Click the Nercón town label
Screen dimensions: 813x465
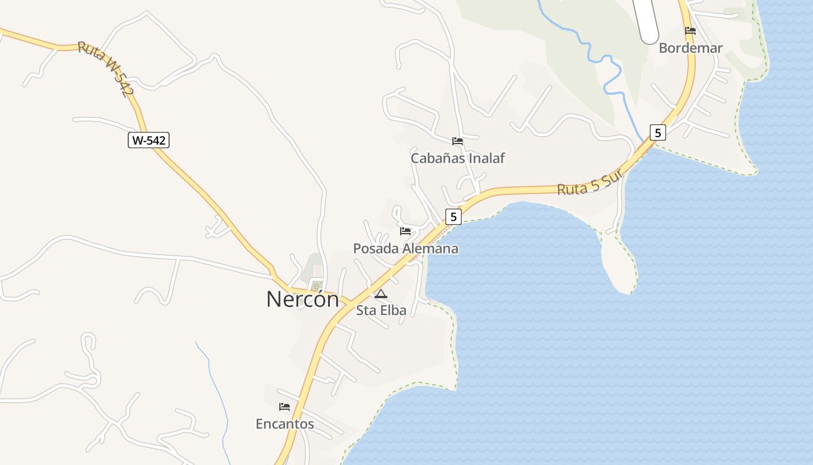pyautogui.click(x=302, y=299)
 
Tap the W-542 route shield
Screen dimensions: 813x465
pyautogui.click(x=149, y=140)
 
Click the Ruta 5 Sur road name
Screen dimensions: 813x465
pyautogui.click(x=590, y=182)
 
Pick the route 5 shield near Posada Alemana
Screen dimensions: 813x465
pyautogui.click(x=453, y=217)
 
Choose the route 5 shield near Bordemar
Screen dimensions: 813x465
pyautogui.click(x=657, y=133)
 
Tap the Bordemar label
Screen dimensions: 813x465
pyautogui.click(x=690, y=48)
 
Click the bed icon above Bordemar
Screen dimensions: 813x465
pyautogui.click(x=690, y=31)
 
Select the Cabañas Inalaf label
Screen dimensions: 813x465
pyautogui.click(x=458, y=158)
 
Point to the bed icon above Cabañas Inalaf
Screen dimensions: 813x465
pyautogui.click(x=458, y=141)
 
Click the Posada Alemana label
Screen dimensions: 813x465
pyautogui.click(x=405, y=249)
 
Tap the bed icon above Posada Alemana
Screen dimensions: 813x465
pyautogui.click(x=405, y=231)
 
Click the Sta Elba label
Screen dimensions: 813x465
pyautogui.click(x=381, y=310)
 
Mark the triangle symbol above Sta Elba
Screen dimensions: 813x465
pyautogui.click(x=381, y=294)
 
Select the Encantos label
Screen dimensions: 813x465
pyautogui.click(x=285, y=424)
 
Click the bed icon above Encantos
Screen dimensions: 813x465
pyautogui.click(x=285, y=407)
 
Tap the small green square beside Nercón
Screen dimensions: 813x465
pyautogui.click(x=316, y=286)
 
